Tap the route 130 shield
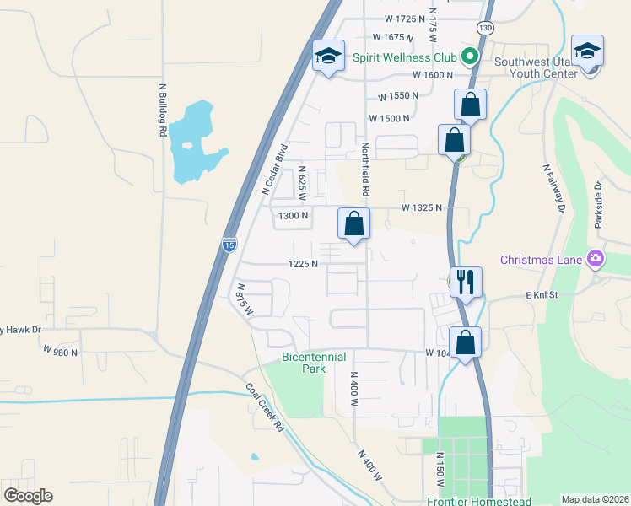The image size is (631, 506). tap(484, 28)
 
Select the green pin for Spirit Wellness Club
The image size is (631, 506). tap(470, 57)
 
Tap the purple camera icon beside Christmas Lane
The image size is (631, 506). tap(596, 258)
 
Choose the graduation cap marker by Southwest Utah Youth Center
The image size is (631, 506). tap(587, 52)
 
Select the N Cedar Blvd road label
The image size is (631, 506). tap(275, 169)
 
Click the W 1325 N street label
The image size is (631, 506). tap(422, 207)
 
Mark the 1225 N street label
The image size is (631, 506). tap(303, 264)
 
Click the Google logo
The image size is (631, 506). tap(28, 495)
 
